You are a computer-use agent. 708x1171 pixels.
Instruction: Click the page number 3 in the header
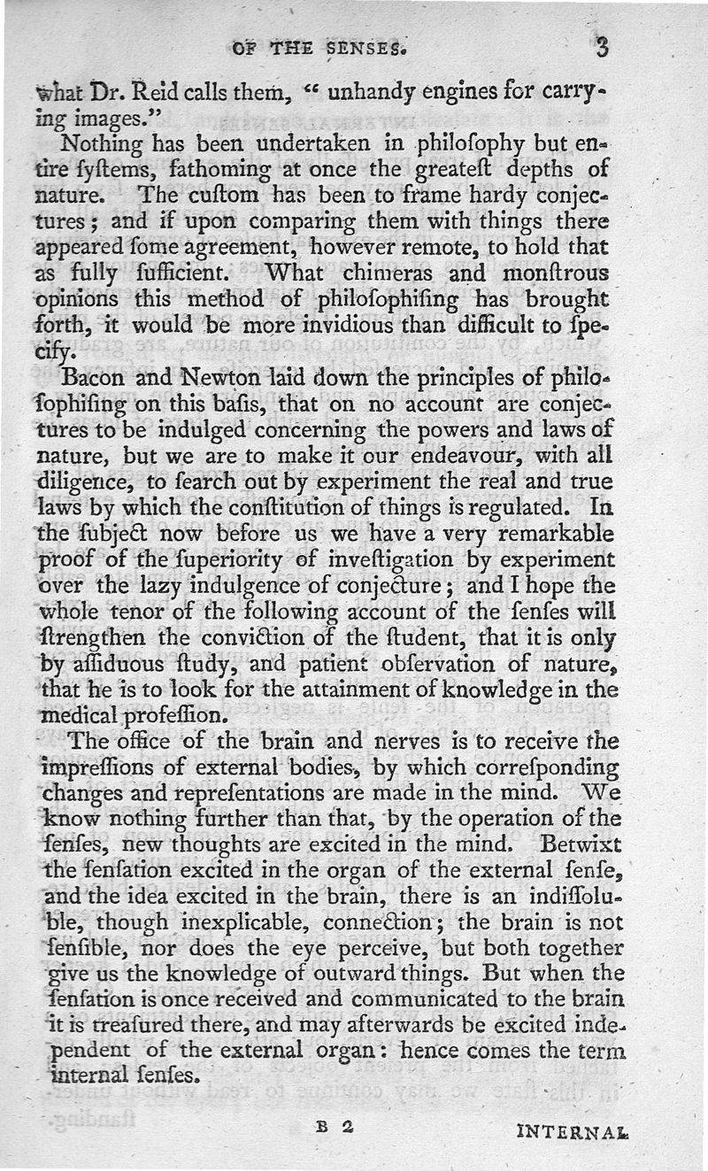tap(602, 46)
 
